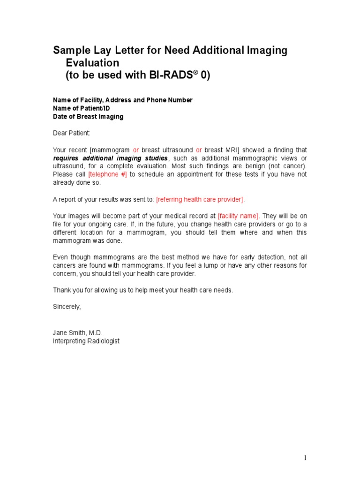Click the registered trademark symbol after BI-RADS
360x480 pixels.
click(x=195, y=73)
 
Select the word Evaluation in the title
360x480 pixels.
click(x=92, y=63)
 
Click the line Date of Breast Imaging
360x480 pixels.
click(x=88, y=117)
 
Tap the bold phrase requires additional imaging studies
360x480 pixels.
click(x=110, y=158)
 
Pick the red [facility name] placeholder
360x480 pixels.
click(x=238, y=216)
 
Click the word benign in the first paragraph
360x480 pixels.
click(x=264, y=166)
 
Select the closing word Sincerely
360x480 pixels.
click(x=67, y=307)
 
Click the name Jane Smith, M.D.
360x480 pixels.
click(x=77, y=333)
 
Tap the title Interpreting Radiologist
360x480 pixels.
click(x=86, y=341)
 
